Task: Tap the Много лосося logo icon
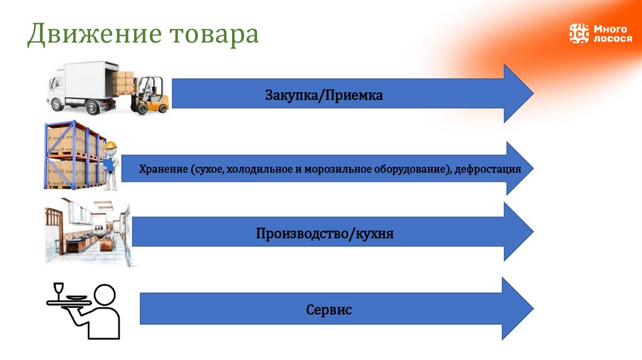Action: pyautogui.click(x=579, y=33)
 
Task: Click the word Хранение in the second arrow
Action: pyautogui.click(x=164, y=169)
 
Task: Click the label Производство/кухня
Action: pyautogui.click(x=324, y=234)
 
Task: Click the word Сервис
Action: pyautogui.click(x=329, y=310)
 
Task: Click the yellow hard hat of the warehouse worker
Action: pyautogui.click(x=111, y=146)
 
